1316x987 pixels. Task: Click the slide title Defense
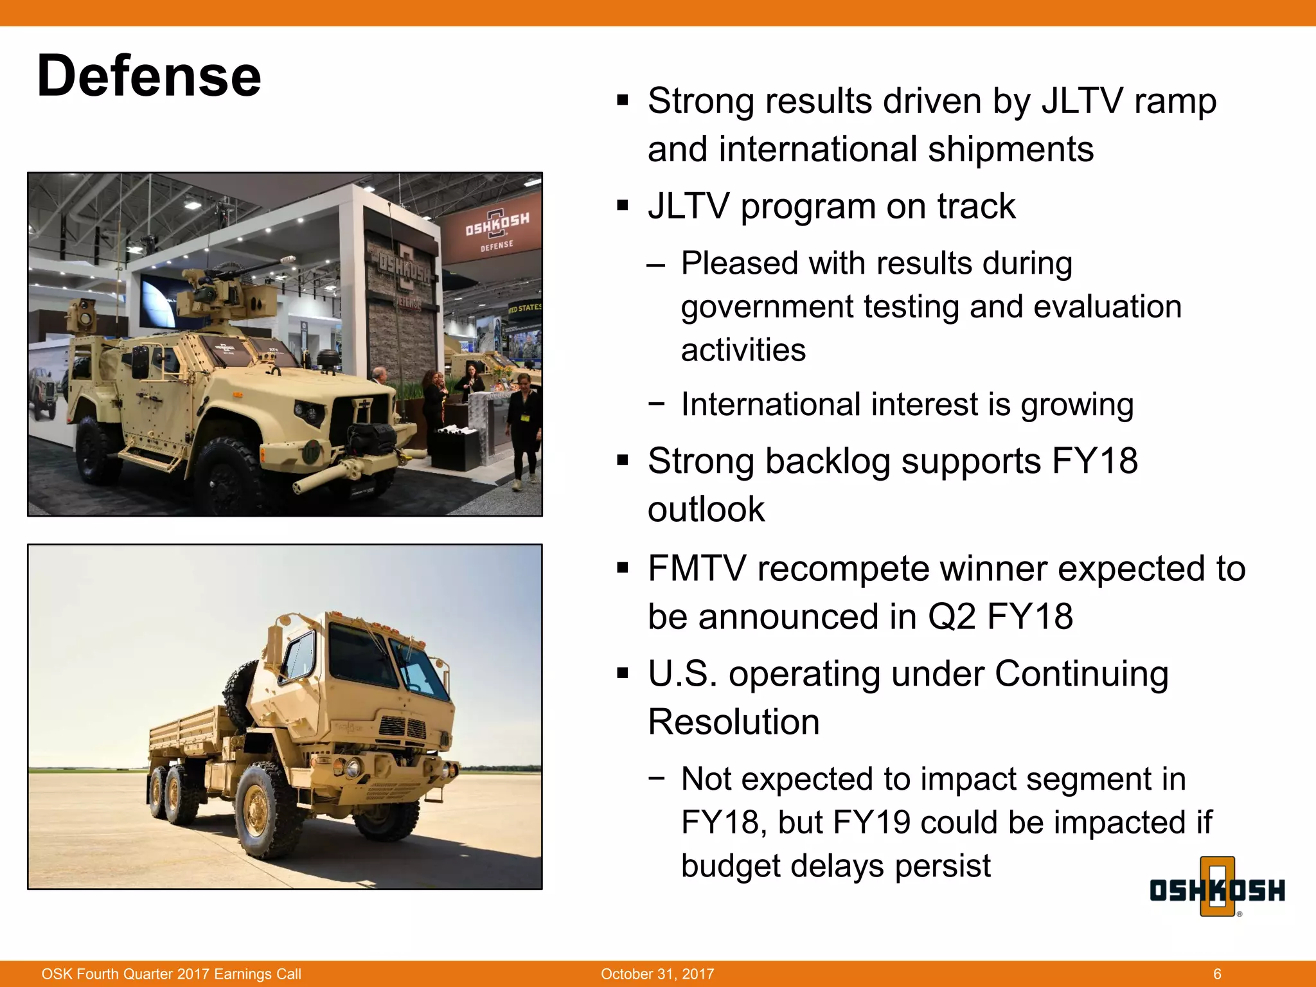149,76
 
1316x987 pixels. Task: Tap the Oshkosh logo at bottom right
1216,889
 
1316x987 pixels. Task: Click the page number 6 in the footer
1217,974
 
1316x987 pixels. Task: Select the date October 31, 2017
657,974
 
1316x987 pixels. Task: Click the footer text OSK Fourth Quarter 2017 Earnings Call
171,974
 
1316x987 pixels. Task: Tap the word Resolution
733,722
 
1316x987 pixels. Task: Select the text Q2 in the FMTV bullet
951,617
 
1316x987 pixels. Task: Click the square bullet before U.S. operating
622,674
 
